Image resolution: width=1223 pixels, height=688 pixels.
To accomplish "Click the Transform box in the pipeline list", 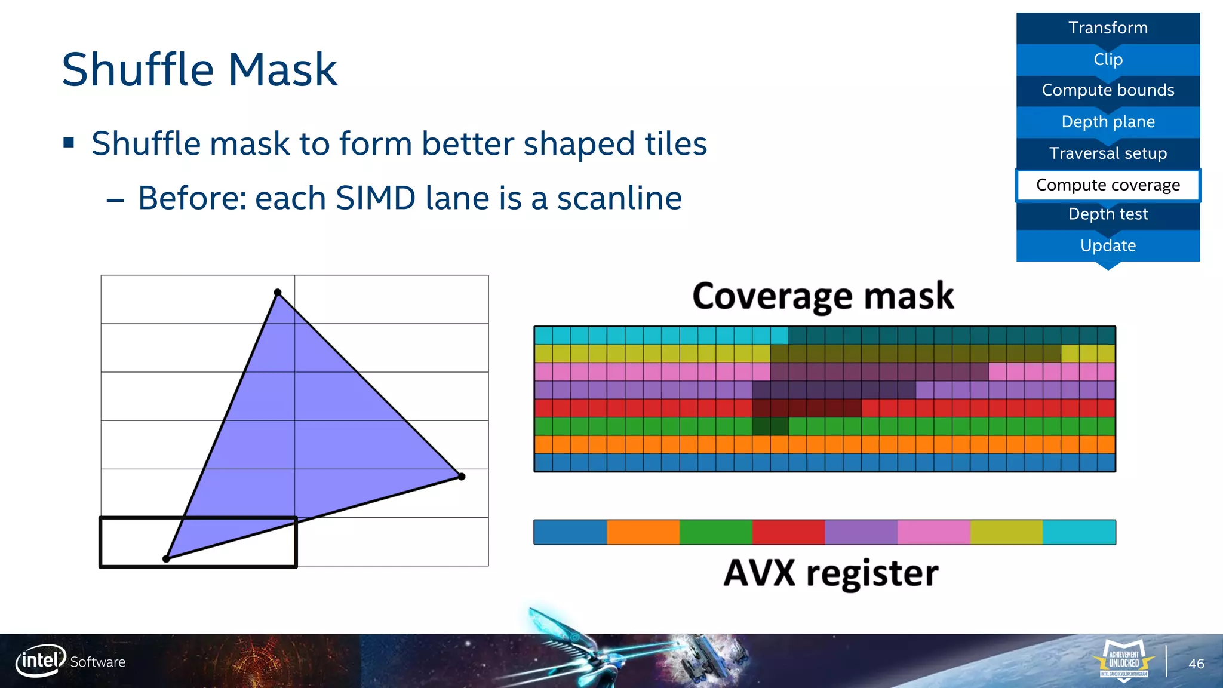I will pyautogui.click(x=1108, y=28).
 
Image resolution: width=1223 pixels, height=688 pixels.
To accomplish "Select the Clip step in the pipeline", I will pyautogui.click(x=1108, y=60).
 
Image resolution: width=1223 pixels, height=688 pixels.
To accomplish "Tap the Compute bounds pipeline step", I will pyautogui.click(x=1108, y=90).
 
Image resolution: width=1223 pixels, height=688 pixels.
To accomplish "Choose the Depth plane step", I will pyautogui.click(x=1108, y=122).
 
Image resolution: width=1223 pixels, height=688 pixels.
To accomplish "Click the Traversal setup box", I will pyautogui.click(x=1108, y=153).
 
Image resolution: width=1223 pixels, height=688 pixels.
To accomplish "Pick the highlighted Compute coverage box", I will pyautogui.click(x=1108, y=185).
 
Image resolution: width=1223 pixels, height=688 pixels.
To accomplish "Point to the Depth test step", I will pyautogui.click(x=1108, y=214).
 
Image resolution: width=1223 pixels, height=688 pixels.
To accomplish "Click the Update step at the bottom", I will pyautogui.click(x=1108, y=245).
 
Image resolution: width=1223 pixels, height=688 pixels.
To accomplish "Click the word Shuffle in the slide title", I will pyautogui.click(x=137, y=70).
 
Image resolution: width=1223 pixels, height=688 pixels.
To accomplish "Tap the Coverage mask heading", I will pyautogui.click(x=823, y=296).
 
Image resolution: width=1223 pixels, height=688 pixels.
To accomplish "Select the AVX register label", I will pyautogui.click(x=831, y=573).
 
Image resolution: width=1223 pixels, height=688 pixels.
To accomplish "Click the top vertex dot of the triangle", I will pyautogui.click(x=278, y=293).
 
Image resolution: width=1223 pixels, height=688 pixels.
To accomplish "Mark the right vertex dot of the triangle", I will pyautogui.click(x=462, y=476).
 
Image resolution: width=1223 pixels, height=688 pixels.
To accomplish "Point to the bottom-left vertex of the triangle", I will pyautogui.click(x=166, y=559).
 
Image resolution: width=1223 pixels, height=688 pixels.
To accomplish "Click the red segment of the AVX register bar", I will pyautogui.click(x=788, y=532).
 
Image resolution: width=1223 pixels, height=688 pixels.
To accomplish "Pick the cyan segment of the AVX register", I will pyautogui.click(x=1079, y=532).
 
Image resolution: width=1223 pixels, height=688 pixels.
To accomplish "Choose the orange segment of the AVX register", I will pyautogui.click(x=643, y=532).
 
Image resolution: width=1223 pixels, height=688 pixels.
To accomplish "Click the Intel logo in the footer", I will pyautogui.click(x=41, y=661).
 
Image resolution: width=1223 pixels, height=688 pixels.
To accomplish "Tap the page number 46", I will pyautogui.click(x=1196, y=664).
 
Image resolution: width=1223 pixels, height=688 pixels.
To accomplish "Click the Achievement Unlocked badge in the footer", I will pyautogui.click(x=1124, y=661).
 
